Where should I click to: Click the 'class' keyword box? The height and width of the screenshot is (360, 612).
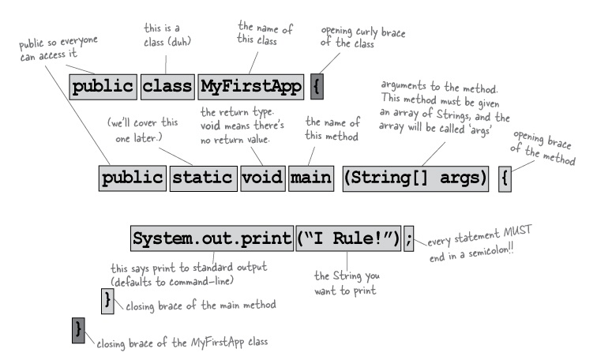click(167, 86)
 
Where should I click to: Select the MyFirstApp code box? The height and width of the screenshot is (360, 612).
click(250, 86)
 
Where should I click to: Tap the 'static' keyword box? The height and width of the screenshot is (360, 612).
click(203, 175)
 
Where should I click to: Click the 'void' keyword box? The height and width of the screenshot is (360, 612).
click(262, 175)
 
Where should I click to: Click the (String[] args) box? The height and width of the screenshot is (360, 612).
click(415, 175)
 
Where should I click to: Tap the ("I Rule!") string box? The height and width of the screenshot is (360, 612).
click(348, 238)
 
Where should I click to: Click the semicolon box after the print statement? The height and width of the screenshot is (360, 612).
click(408, 238)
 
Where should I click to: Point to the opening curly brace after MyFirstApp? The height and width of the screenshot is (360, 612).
click(316, 86)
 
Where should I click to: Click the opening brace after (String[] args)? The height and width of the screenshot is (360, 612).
click(506, 175)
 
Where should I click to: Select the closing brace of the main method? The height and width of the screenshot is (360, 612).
click(108, 299)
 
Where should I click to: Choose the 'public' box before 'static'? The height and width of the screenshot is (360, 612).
click(133, 175)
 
